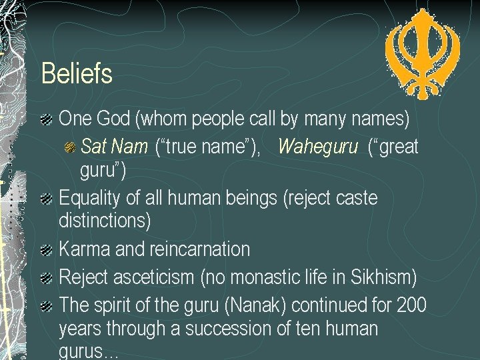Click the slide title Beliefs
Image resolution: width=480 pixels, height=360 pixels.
coord(77,73)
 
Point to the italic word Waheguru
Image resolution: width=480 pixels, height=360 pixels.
coord(317,146)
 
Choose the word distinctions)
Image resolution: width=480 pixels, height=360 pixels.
coord(105,219)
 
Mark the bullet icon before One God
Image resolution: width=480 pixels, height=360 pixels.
coord(47,121)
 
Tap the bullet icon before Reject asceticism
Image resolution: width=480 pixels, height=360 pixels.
coord(47,277)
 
